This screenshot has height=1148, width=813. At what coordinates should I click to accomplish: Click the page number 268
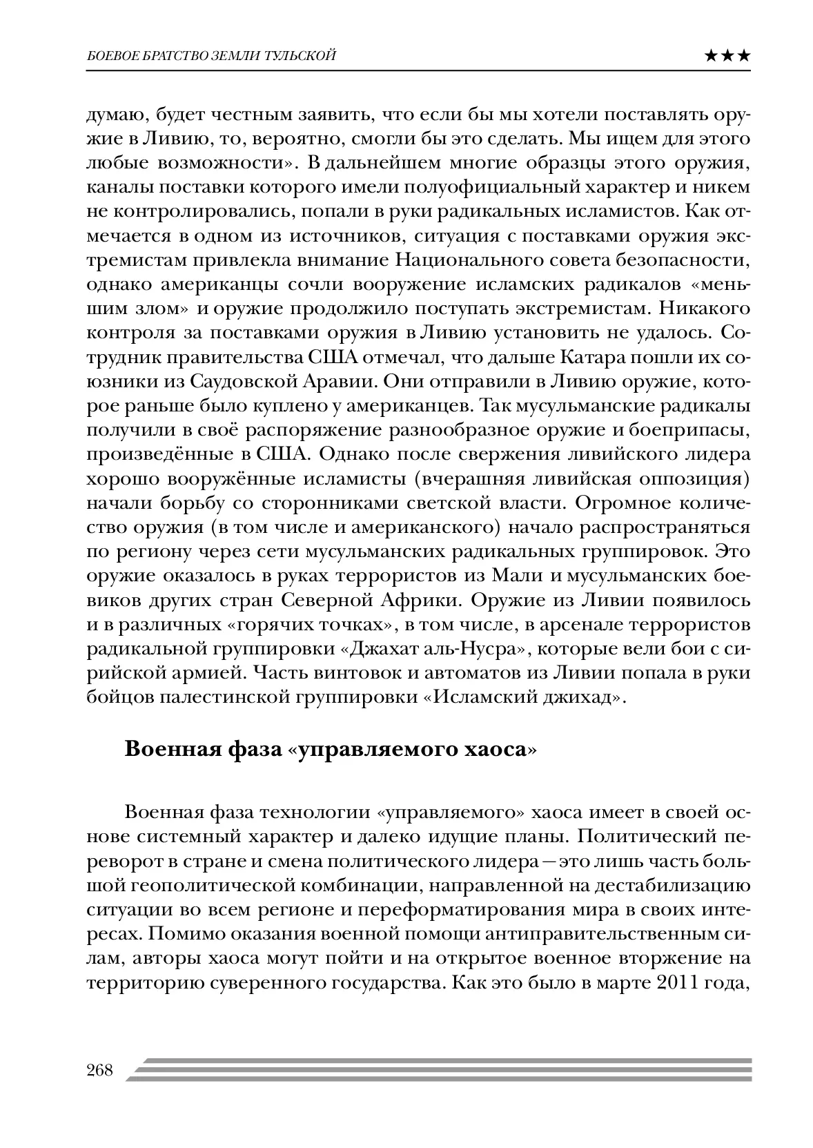[x=100, y=1071]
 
